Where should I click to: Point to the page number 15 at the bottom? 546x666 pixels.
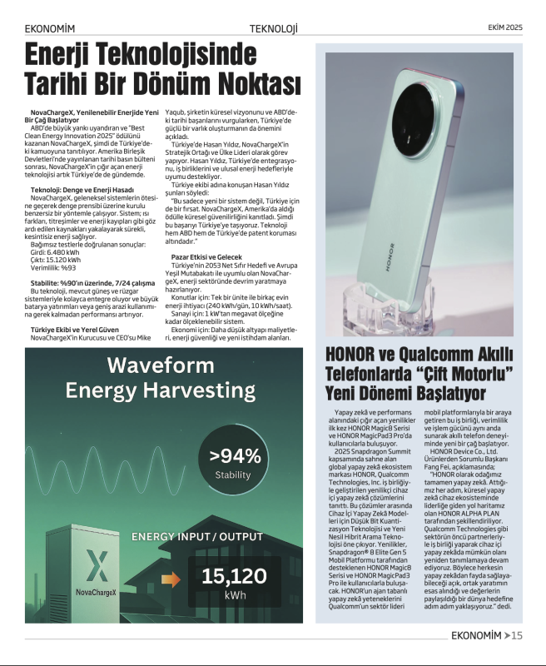tap(516, 637)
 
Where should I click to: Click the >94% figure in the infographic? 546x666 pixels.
tap(235, 455)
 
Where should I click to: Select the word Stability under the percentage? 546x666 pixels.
tap(232, 475)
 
